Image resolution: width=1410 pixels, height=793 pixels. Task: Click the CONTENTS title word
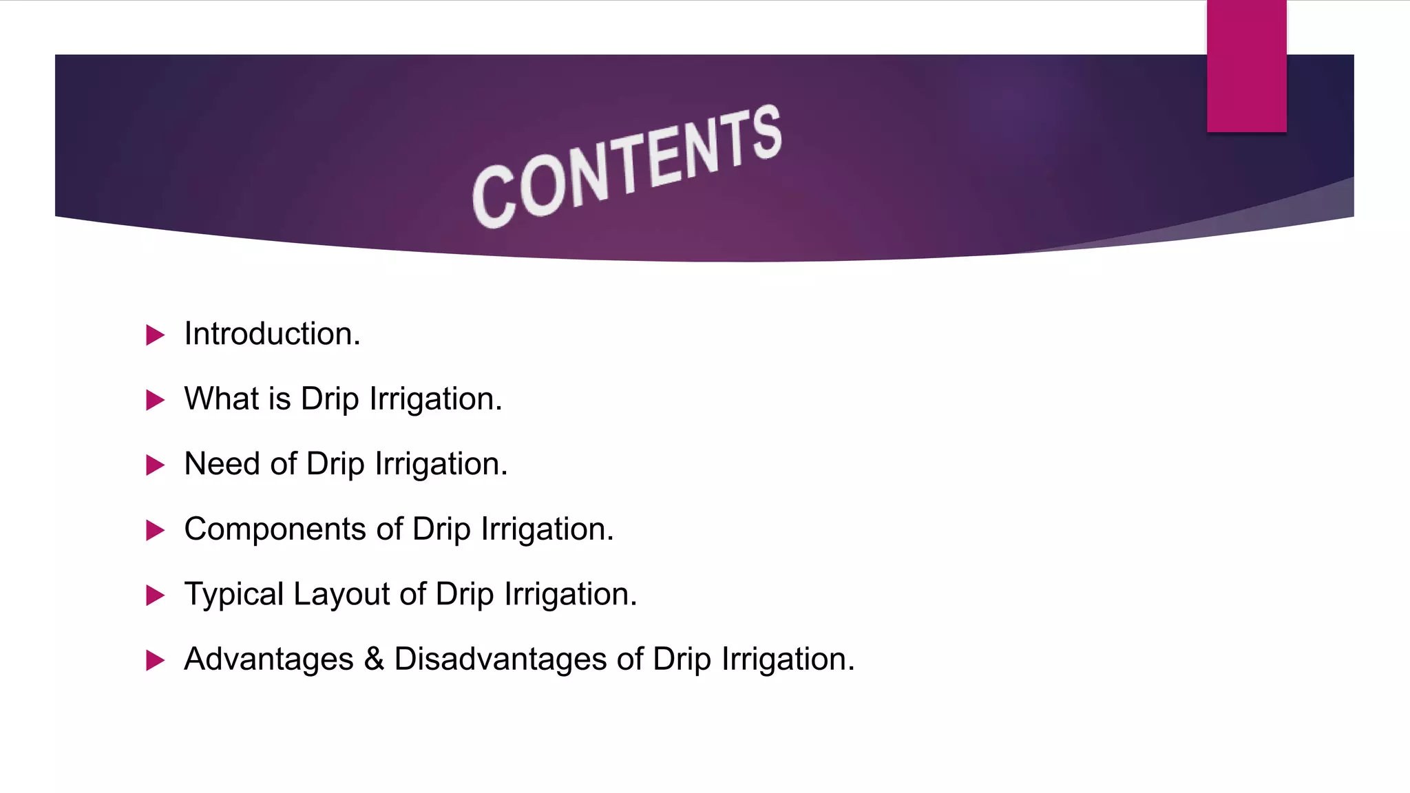627,167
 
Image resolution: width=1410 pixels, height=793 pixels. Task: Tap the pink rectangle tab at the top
1246,66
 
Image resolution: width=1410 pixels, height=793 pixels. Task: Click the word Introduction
272,334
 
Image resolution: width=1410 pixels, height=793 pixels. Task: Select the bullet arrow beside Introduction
156,335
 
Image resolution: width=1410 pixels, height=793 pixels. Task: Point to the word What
222,399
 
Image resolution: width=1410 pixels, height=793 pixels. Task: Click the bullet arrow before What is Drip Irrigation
156,400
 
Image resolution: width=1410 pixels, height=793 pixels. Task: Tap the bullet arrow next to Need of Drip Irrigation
156,465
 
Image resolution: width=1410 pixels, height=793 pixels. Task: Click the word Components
275,529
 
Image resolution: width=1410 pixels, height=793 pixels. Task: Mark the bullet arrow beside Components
156,531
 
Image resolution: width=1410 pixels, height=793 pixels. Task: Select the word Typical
234,594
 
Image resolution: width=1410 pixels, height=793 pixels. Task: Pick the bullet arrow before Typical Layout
156,595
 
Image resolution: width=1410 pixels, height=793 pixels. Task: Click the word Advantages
269,659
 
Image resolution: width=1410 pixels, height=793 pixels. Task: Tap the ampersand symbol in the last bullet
374,659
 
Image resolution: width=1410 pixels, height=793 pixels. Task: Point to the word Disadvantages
501,659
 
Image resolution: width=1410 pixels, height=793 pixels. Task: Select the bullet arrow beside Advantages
156,661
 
